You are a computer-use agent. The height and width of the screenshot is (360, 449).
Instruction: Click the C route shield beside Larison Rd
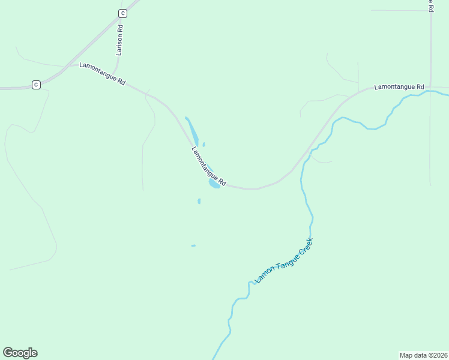[x=122, y=13]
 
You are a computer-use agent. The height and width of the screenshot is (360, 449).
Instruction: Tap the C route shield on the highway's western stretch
[x=36, y=85]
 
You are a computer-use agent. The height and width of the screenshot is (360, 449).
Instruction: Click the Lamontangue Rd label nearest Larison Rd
[x=102, y=73]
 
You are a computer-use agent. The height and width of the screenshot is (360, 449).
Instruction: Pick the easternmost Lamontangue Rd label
[x=399, y=87]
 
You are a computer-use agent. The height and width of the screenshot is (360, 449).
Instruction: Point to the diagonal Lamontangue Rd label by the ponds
[x=208, y=166]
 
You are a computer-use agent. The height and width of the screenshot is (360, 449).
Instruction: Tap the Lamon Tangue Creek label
[x=284, y=260]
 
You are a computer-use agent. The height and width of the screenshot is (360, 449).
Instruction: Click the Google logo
[x=20, y=353]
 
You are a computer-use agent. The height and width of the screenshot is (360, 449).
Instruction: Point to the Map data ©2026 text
[x=423, y=355]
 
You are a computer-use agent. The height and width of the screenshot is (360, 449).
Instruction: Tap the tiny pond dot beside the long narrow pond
[x=203, y=144]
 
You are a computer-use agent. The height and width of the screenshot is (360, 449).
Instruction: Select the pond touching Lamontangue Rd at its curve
[x=214, y=184]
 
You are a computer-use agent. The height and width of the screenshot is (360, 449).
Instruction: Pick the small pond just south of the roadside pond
[x=199, y=201]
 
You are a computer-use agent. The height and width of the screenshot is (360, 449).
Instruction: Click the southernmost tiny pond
[x=193, y=245]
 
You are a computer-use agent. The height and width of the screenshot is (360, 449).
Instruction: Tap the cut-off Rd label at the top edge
[x=431, y=6]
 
